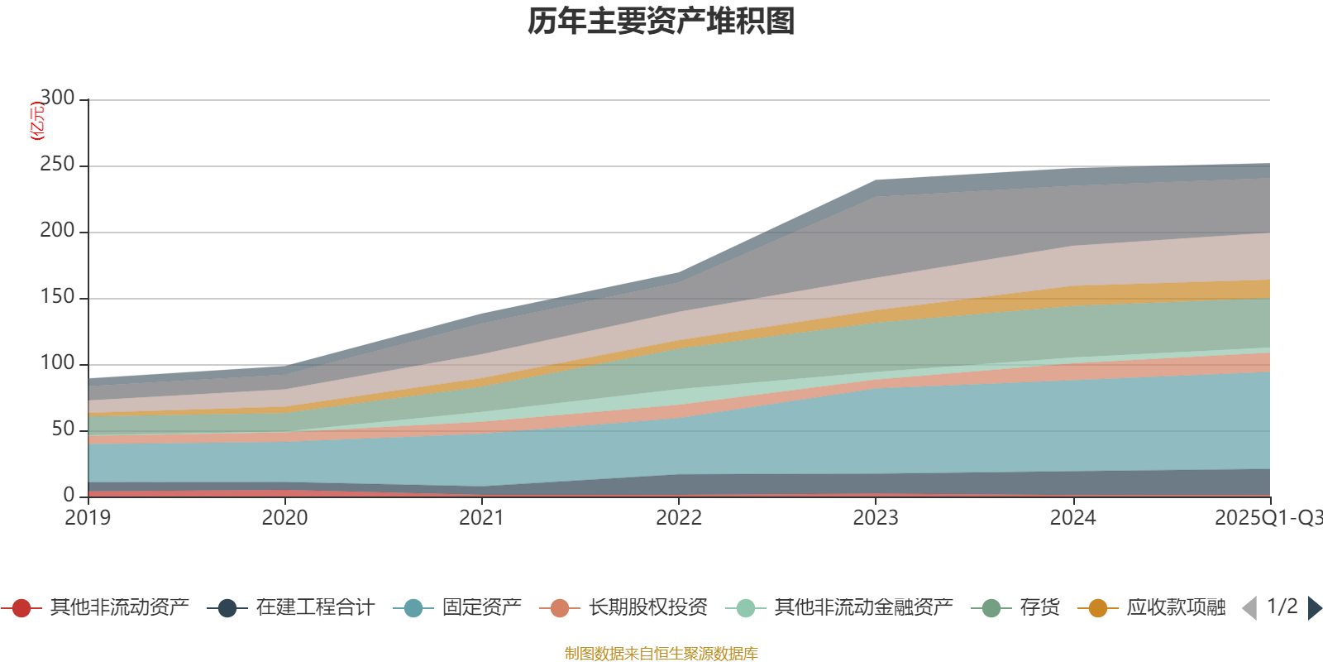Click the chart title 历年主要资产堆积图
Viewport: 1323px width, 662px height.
coord(661,22)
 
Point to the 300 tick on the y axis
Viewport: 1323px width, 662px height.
coord(57,98)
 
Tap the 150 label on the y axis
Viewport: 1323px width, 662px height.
coord(57,297)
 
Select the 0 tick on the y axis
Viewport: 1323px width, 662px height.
coord(69,495)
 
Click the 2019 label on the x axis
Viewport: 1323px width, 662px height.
coord(88,518)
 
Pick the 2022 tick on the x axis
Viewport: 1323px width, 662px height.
coord(678,518)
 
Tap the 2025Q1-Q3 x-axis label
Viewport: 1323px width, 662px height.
coord(1267,518)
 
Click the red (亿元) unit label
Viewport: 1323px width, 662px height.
coord(37,121)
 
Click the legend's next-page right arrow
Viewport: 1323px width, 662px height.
coord(1314,608)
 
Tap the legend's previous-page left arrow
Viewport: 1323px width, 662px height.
coord(1249,608)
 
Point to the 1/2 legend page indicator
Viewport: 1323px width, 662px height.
coord(1282,607)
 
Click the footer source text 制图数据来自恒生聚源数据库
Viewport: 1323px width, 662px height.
coord(661,654)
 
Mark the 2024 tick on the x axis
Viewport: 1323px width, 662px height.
coord(1072,518)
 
